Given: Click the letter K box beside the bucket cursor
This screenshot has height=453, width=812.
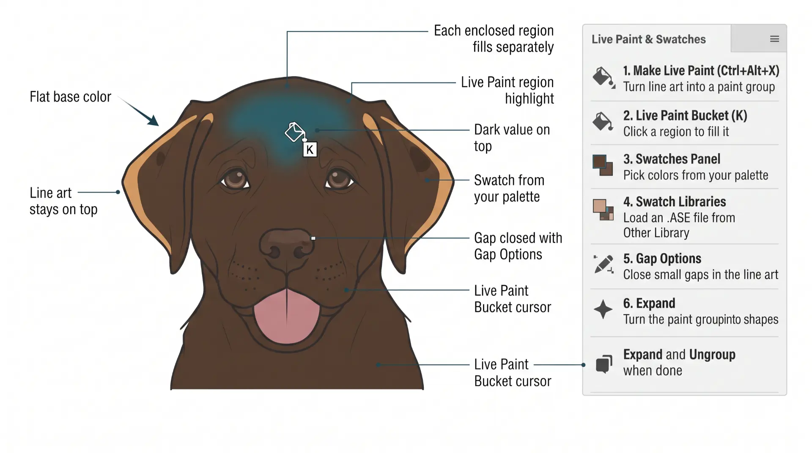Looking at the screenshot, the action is (310, 150).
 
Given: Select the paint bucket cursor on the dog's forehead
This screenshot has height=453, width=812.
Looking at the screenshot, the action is (295, 132).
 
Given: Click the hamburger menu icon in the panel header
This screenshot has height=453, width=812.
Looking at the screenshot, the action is (775, 39).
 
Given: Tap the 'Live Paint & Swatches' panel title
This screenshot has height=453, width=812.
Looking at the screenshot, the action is (648, 39).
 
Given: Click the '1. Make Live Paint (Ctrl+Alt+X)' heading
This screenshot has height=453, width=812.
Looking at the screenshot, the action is (701, 71).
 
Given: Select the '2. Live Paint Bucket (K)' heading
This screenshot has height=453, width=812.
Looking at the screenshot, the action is (685, 115).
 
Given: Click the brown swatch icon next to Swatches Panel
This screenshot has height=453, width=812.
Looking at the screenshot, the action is (603, 165).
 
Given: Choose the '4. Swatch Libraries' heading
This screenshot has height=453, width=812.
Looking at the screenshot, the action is (675, 202).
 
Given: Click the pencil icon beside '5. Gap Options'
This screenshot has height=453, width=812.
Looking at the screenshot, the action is (604, 264).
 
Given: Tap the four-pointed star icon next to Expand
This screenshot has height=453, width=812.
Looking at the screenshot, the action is (603, 309).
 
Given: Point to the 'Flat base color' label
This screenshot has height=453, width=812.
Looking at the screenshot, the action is (70, 97).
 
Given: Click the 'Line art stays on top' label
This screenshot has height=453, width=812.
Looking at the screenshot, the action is (63, 201).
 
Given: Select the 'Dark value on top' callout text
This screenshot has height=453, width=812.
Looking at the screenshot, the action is (512, 138).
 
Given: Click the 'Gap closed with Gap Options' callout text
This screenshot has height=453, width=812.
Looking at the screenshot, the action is (518, 246).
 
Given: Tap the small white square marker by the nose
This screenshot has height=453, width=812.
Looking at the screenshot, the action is (313, 238).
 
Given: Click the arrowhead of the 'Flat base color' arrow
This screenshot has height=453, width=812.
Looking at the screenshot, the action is (153, 120).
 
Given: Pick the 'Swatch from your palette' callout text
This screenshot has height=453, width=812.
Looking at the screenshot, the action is (509, 188).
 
